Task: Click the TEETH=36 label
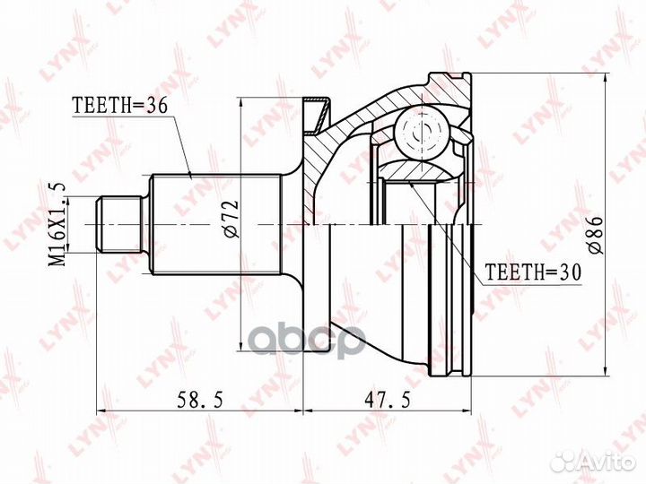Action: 119,106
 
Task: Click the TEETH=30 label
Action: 533,272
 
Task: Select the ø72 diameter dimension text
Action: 231,219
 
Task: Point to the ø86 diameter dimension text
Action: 596,235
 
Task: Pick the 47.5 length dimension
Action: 388,400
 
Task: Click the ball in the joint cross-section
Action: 422,133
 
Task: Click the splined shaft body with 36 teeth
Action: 216,224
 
